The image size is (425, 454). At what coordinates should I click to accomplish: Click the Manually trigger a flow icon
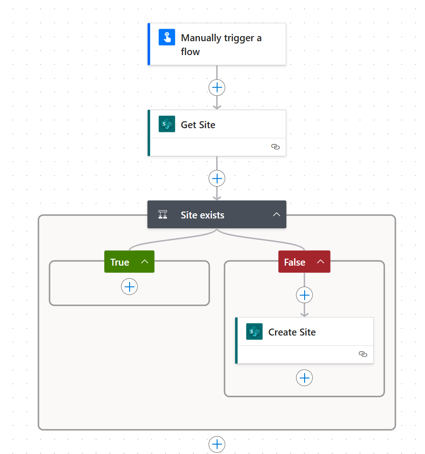[167, 37]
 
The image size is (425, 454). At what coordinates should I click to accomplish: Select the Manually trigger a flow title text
[221, 44]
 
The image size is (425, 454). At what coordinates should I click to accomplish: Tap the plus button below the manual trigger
[217, 87]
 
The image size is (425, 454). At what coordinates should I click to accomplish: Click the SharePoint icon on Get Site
[167, 124]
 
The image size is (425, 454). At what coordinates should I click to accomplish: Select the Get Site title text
[198, 125]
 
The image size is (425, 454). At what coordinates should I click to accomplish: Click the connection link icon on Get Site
[275, 147]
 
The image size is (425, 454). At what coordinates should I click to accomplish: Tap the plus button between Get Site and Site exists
[217, 178]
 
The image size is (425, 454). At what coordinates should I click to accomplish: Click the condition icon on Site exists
[162, 215]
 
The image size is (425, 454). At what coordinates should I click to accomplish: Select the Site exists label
[202, 215]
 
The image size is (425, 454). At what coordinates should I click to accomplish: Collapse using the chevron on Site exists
[276, 214]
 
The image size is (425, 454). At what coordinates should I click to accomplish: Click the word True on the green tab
[119, 262]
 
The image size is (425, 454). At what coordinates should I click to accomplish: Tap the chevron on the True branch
[144, 262]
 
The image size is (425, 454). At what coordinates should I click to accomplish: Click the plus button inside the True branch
[129, 286]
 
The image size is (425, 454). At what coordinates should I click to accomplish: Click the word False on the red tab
[294, 262]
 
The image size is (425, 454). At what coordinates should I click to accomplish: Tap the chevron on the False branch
[320, 262]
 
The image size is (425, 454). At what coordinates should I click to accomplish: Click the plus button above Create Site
[304, 295]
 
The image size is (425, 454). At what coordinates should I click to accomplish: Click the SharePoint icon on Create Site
[254, 331]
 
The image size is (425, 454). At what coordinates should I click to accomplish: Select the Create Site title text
[292, 332]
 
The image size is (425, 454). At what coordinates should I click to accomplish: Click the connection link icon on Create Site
[362, 354]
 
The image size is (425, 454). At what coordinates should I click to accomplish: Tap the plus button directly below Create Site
[304, 378]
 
